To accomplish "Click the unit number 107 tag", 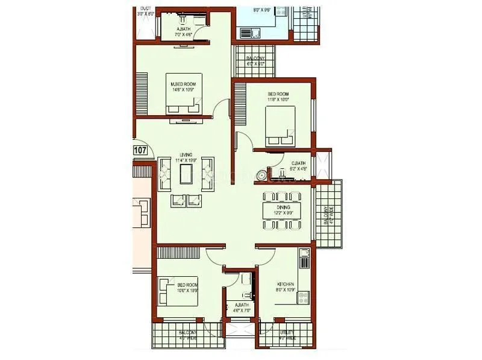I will point(140,150).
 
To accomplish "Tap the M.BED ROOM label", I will point(183,84).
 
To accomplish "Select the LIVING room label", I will point(186,156).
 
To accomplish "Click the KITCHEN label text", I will point(285,283).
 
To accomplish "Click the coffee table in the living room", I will point(186,175).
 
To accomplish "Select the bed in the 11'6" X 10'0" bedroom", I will point(280,127).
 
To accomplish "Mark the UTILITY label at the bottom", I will point(287,332).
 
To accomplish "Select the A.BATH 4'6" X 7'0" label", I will point(242,306).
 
